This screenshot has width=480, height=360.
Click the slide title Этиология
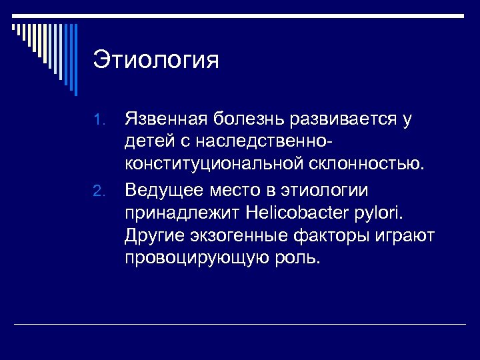coord(156,60)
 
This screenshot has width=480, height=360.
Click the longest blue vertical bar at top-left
coord(75,59)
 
